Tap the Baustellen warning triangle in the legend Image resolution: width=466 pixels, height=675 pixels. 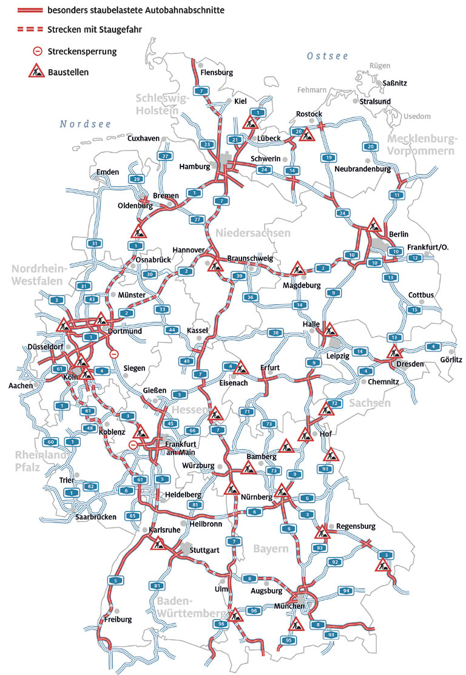[x=38, y=71]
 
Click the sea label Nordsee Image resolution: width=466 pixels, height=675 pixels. [x=86, y=124]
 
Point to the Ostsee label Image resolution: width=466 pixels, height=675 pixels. [x=328, y=56]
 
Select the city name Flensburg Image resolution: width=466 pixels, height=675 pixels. [x=217, y=72]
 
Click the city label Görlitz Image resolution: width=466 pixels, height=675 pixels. [x=450, y=359]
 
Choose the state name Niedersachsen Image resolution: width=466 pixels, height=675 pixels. [x=252, y=232]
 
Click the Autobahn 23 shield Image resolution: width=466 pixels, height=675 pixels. [x=208, y=144]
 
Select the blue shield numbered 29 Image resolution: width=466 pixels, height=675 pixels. [x=137, y=179]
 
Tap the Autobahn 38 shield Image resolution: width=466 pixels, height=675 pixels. [x=276, y=333]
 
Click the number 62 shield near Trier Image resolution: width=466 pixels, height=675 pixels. [x=91, y=486]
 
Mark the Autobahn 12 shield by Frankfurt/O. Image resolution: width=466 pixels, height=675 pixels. [x=416, y=258]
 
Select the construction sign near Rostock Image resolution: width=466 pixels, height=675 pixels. [x=308, y=135]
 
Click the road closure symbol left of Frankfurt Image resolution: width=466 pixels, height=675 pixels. [x=133, y=446]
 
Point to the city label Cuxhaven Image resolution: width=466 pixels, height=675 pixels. [x=143, y=138]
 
